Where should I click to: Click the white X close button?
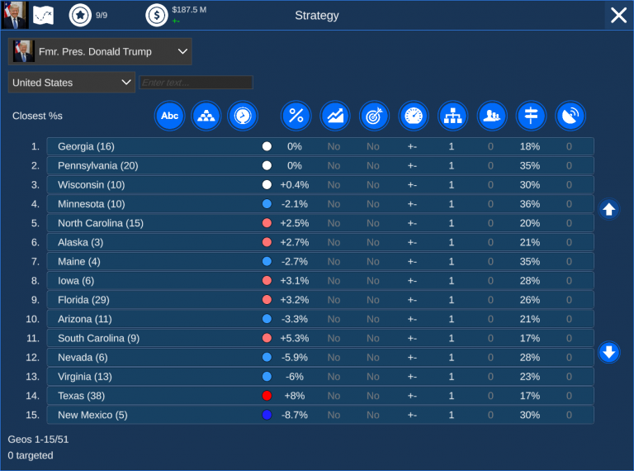pos(618,15)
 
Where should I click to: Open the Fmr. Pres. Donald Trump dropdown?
pos(100,51)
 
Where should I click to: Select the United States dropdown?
pos(72,83)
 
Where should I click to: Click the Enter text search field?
pos(196,83)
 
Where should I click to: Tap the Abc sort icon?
pos(169,116)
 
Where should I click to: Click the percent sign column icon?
pos(296,116)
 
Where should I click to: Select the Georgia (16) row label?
pos(86,146)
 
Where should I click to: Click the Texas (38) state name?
pos(81,396)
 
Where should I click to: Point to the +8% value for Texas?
pos(294,396)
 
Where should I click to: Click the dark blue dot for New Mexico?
pos(266,415)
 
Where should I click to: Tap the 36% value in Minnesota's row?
pos(529,204)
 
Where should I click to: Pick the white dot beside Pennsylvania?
pos(266,165)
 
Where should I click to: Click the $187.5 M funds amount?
pos(189,10)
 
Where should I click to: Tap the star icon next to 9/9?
pos(80,15)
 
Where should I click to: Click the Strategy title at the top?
pos(317,16)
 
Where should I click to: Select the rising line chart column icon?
pos(334,116)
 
